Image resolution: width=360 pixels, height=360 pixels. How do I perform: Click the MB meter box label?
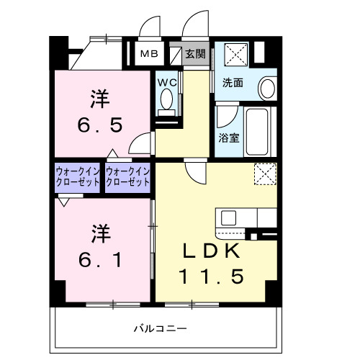click(x=148, y=53)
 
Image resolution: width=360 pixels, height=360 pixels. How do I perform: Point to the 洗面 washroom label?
click(x=232, y=83)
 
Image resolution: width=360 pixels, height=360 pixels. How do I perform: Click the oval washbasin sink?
click(x=266, y=89)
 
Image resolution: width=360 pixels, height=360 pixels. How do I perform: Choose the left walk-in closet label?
click(x=77, y=176)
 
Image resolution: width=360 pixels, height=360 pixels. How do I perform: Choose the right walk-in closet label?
click(x=127, y=176)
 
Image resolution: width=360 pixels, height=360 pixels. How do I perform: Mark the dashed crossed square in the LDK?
click(x=265, y=174)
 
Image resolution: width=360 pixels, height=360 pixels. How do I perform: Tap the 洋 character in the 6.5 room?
click(x=100, y=97)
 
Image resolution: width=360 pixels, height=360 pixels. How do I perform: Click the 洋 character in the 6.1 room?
click(x=100, y=233)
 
